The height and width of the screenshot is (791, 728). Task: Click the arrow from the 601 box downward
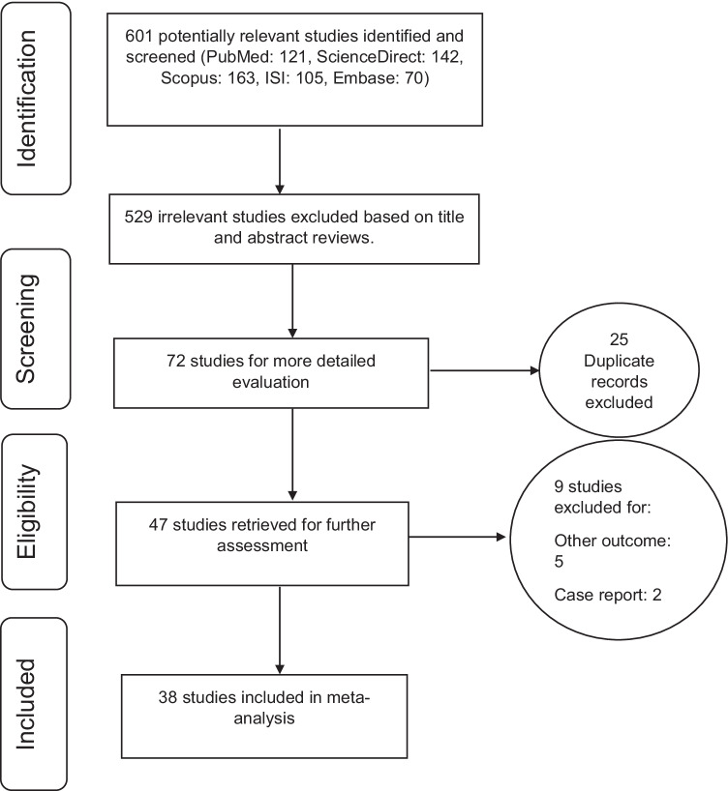280,161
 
